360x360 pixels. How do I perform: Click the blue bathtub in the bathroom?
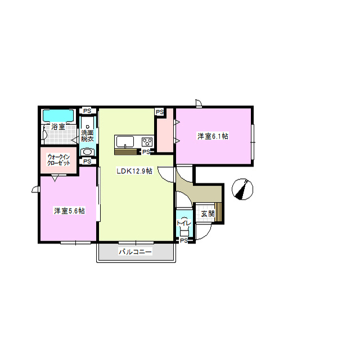[58, 116]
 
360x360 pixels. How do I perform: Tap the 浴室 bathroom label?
[58, 127]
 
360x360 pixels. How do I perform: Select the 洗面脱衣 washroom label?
[87, 136]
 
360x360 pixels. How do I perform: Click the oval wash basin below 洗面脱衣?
[87, 152]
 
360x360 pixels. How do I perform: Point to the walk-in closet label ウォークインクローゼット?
[58, 160]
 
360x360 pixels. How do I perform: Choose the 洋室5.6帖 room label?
[69, 211]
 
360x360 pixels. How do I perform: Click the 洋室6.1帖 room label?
[213, 136]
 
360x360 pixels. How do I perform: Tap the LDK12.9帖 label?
[134, 171]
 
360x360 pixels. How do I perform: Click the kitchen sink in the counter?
[125, 142]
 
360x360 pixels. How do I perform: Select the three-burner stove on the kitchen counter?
[147, 142]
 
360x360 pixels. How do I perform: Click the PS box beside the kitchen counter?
[146, 152]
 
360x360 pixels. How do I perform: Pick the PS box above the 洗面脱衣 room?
[87, 111]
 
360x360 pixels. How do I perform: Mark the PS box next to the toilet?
[184, 241]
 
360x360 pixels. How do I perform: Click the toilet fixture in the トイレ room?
[184, 227]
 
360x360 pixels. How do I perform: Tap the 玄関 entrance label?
[208, 214]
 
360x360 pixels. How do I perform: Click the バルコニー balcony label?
[135, 252]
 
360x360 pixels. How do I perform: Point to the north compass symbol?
[242, 189]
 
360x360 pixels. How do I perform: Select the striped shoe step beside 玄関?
[218, 212]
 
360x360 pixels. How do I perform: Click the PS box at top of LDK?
[160, 112]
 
